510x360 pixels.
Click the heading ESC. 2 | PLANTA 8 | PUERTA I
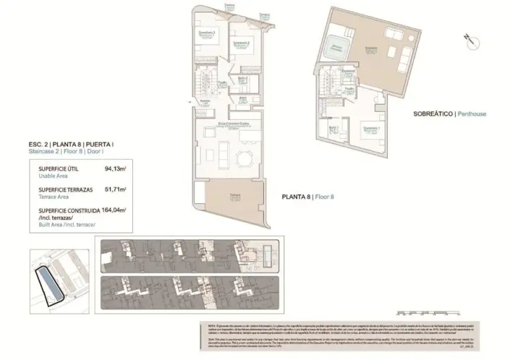click(x=66, y=147)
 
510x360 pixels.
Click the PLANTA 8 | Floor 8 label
click(x=307, y=195)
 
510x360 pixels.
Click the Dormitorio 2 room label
click(x=242, y=45)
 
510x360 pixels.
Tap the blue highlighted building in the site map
click(x=48, y=283)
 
